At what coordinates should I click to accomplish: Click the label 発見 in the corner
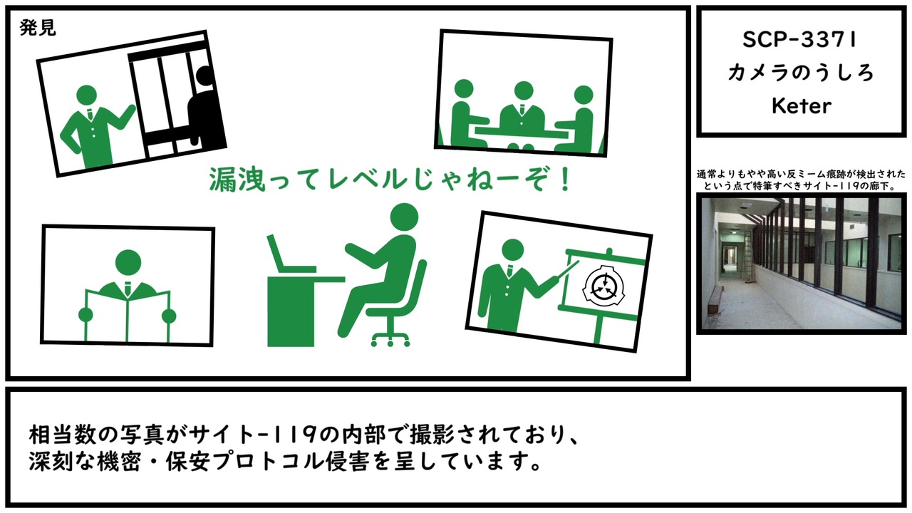pos(38,28)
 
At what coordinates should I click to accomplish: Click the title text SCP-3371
pos(800,40)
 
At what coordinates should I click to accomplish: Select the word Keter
pos(802,106)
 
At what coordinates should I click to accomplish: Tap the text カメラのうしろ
pos(801,73)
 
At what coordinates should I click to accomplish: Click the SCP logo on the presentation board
pos(604,286)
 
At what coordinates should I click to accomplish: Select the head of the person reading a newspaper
pos(128,263)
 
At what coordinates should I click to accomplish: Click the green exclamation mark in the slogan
pos(564,180)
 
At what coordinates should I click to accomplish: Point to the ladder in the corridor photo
pos(747,255)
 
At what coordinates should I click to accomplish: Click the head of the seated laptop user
pos(404,217)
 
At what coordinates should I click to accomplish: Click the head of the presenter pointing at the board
pos(512,250)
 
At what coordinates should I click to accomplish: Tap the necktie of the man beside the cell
pos(90,114)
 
